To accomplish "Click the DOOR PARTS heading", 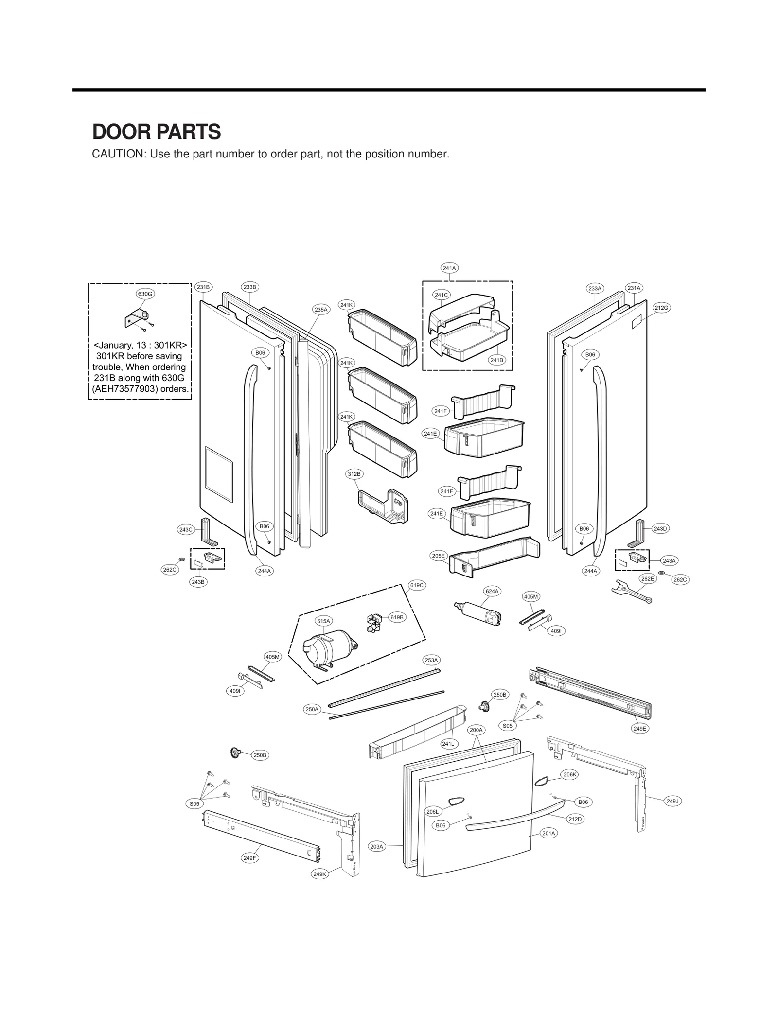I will pyautogui.click(x=157, y=132).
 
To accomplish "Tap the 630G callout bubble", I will pyautogui.click(x=145, y=294).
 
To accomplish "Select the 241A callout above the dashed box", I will pyautogui.click(x=449, y=268).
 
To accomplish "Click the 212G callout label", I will pyautogui.click(x=661, y=308).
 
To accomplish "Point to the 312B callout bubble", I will pyautogui.click(x=354, y=474).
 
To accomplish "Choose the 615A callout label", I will pyautogui.click(x=323, y=621).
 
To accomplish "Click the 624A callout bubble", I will pyautogui.click(x=492, y=591).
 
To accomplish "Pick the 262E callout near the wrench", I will pyautogui.click(x=648, y=579).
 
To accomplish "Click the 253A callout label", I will pyautogui.click(x=431, y=660).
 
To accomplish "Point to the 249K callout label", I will pyautogui.click(x=320, y=874).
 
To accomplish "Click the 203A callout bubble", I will pyautogui.click(x=377, y=847).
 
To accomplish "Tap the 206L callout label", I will pyautogui.click(x=432, y=812).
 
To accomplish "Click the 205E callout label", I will pyautogui.click(x=438, y=556).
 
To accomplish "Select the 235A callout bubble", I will pyautogui.click(x=321, y=309).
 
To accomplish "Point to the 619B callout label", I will pyautogui.click(x=397, y=617).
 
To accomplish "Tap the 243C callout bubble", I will pyautogui.click(x=186, y=529).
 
